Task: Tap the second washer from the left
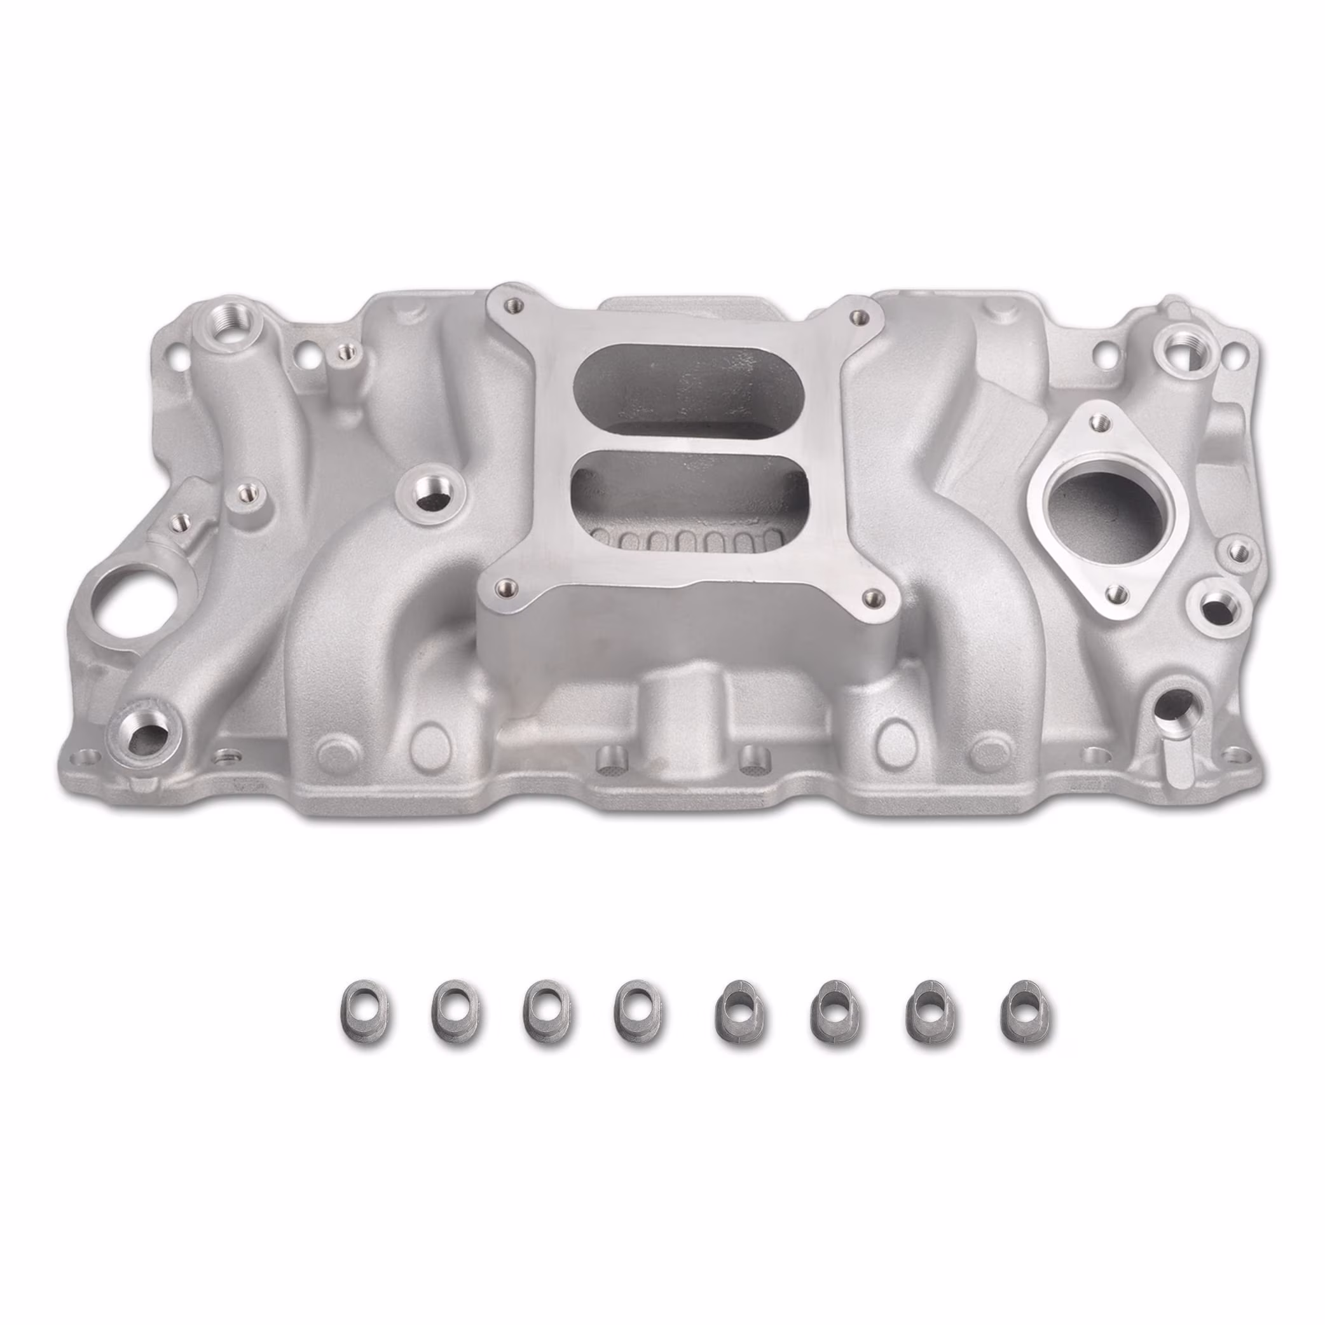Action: (x=455, y=1017)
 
